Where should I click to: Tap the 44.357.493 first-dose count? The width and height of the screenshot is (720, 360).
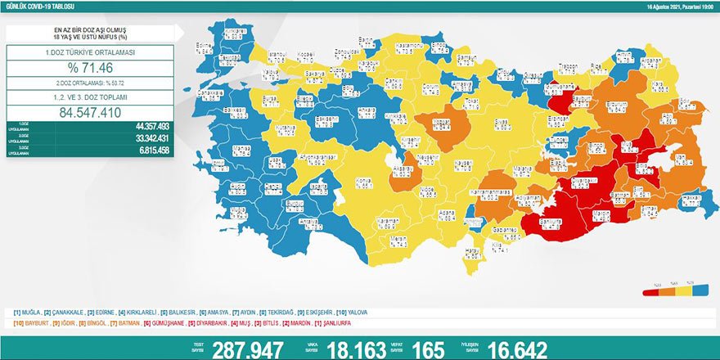click(x=147, y=126)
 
